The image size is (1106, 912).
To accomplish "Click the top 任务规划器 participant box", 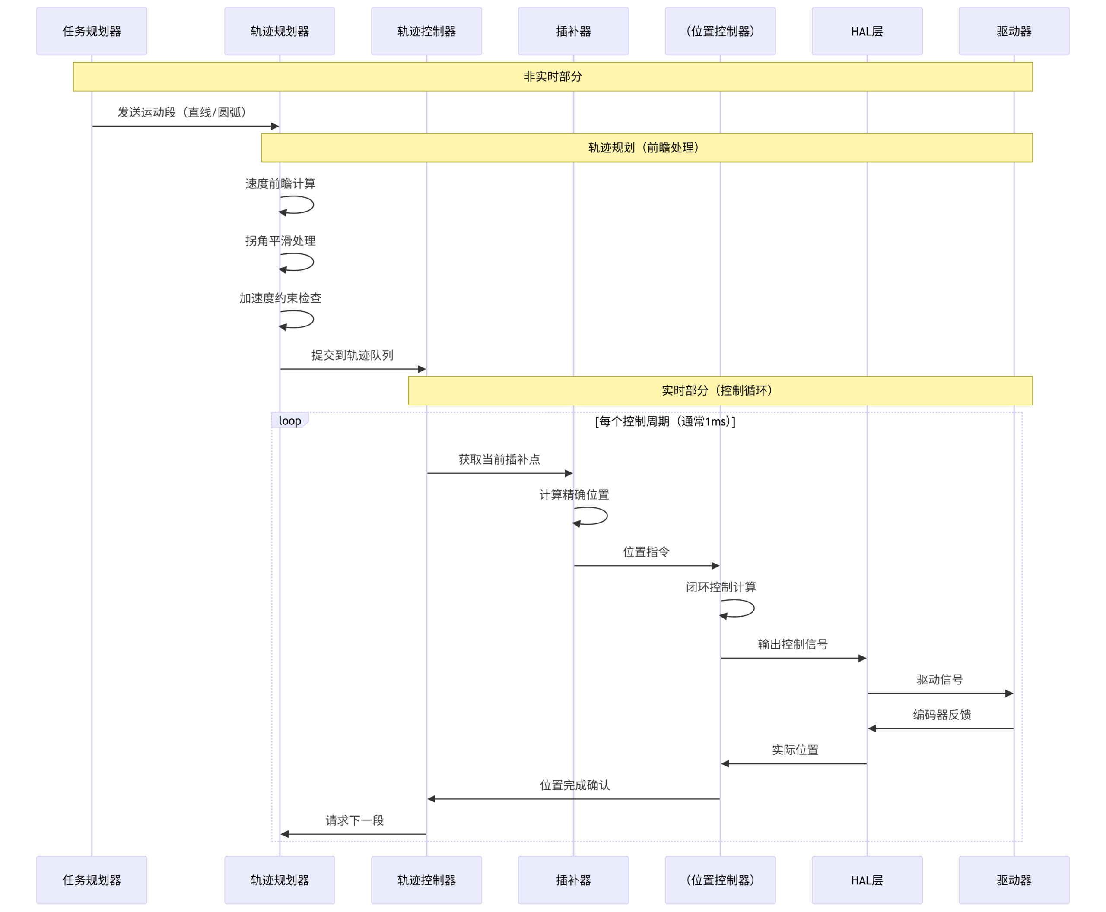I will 92,32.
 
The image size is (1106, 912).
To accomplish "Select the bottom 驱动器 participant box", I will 1013,880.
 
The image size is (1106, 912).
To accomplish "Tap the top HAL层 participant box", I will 866,32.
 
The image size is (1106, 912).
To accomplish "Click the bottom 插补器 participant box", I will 573,880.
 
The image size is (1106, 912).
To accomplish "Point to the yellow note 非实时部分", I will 553,77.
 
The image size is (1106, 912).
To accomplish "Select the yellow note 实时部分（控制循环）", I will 720,390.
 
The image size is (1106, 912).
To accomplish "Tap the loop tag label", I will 289,421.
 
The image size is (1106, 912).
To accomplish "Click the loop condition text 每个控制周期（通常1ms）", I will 665,421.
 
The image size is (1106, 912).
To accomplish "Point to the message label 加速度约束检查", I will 280,298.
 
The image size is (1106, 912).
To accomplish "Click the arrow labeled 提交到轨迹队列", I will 352,369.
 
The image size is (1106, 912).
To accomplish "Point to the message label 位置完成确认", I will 575,785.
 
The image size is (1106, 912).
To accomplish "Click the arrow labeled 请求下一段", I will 353,834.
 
